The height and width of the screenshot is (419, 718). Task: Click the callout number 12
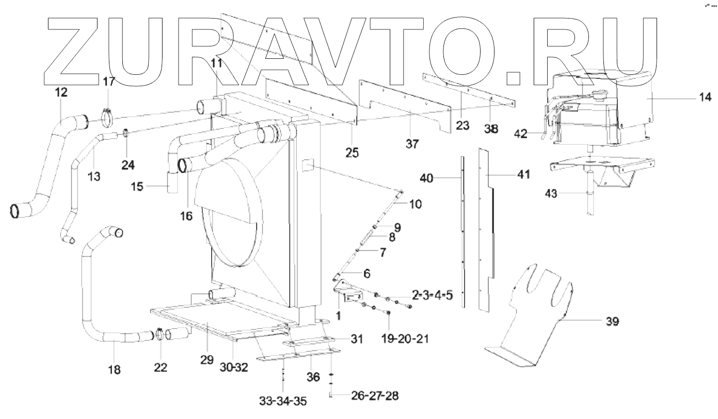pos(61,92)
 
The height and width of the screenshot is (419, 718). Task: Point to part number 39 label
pos(612,321)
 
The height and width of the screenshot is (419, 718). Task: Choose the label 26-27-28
pos(374,397)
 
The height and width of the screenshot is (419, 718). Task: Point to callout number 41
pos(523,175)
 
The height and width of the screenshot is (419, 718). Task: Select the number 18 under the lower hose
pos(114,369)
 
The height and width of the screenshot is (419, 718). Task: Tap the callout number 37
pos(411,144)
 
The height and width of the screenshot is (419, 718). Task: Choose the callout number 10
pos(415,204)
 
